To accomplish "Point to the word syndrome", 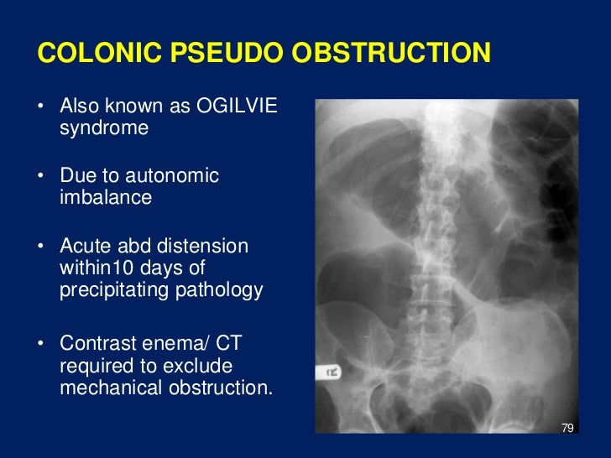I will (x=104, y=128).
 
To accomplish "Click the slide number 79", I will (x=567, y=429).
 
